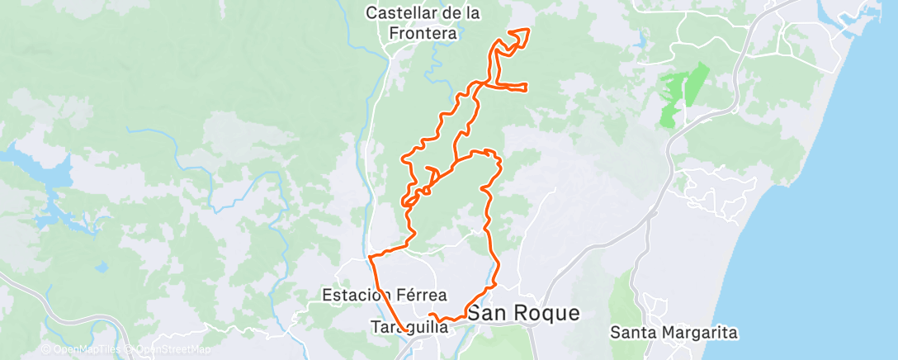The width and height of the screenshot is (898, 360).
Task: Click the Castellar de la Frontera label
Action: click(x=423, y=23)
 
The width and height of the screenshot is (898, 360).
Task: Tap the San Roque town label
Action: click(x=523, y=314)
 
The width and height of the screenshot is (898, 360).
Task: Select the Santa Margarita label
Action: click(x=673, y=333)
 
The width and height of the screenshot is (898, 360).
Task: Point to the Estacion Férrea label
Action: click(x=385, y=295)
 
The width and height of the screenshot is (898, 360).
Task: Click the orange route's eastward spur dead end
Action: click(x=526, y=88)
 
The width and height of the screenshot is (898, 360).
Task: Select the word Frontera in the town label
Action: click(x=423, y=33)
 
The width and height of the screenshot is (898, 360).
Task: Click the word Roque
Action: click(x=547, y=314)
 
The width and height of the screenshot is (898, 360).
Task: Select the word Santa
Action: click(x=629, y=333)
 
